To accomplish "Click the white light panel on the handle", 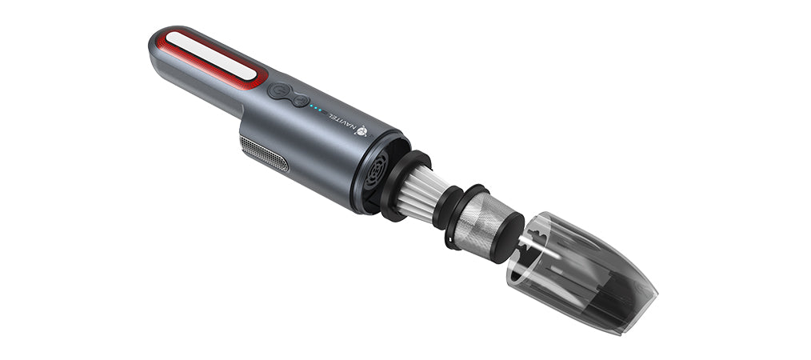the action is pyautogui.click(x=211, y=55).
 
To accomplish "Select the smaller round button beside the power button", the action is pyautogui.click(x=299, y=100).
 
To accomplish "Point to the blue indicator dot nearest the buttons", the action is pyautogui.click(x=311, y=106).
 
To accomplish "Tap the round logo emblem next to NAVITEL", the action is pyautogui.click(x=361, y=131).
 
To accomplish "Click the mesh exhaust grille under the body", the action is pyautogui.click(x=264, y=154).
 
